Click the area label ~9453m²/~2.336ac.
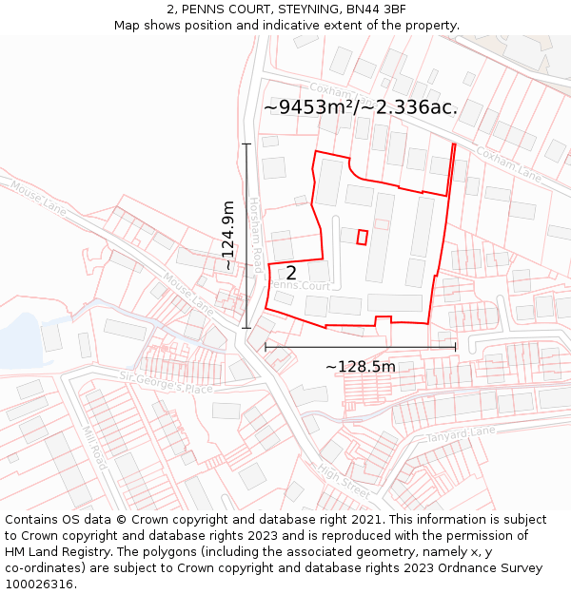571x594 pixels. (360, 107)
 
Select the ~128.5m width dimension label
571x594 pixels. (360, 367)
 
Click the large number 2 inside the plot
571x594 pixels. (292, 274)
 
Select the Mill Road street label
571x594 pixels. (95, 447)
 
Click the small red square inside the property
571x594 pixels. (362, 237)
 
